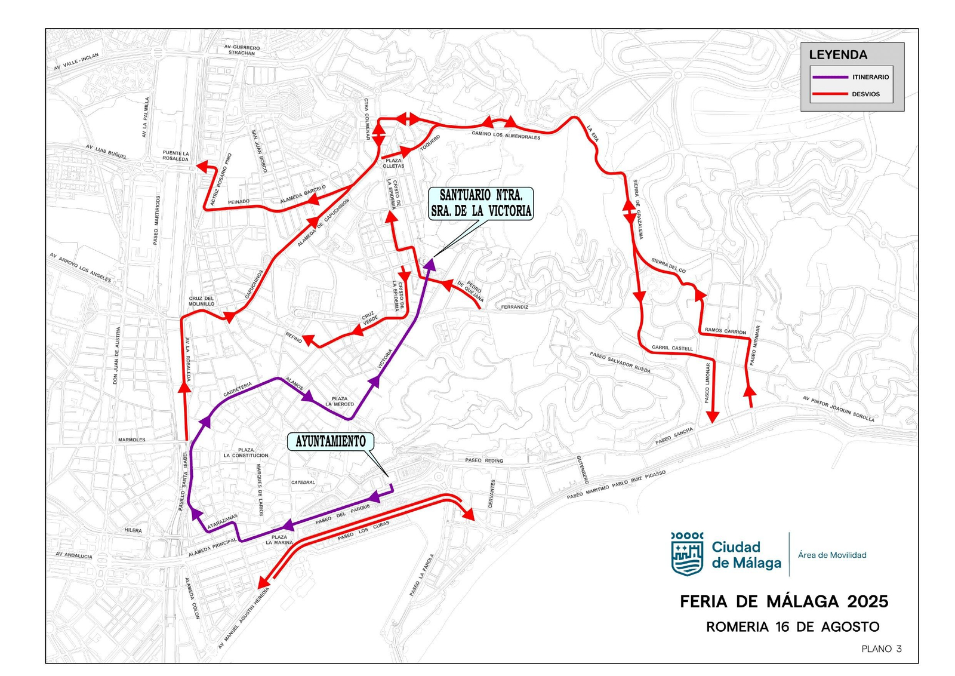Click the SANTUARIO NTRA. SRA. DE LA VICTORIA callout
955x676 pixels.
[481, 203]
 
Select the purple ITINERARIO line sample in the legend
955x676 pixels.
[830, 77]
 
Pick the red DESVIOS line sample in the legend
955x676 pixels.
[830, 94]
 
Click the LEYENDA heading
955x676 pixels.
[838, 55]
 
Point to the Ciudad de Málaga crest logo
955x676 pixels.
[687, 554]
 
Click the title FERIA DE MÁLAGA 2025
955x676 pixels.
[784, 601]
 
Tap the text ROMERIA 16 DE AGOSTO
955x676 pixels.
[793, 627]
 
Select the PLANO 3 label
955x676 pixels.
[881, 649]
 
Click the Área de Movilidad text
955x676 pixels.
[832, 555]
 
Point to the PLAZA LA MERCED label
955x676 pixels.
[340, 401]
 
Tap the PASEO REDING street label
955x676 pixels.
[484, 460]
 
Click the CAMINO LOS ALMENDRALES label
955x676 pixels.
[506, 135]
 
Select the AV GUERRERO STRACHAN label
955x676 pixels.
[242, 50]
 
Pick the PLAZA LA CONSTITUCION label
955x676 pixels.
[246, 453]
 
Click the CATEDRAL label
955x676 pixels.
[303, 483]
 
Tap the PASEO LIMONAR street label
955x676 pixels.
[708, 383]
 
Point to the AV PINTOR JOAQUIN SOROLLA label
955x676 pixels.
[838, 409]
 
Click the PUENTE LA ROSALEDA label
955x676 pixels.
[175, 156]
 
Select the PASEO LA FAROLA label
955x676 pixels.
[422, 575]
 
